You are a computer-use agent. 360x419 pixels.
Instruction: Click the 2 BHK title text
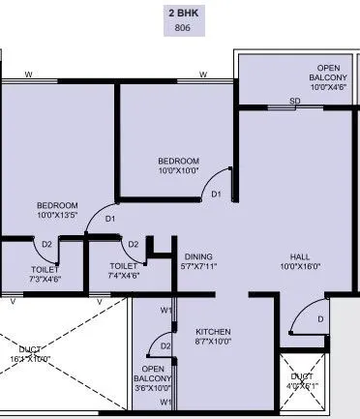[x=179, y=14]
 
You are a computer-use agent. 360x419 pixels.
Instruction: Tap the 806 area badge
[x=179, y=29]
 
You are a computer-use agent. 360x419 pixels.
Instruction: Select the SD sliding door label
[x=294, y=100]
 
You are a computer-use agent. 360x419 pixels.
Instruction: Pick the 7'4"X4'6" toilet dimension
[x=123, y=275]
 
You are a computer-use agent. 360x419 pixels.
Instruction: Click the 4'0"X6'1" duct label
[x=302, y=385]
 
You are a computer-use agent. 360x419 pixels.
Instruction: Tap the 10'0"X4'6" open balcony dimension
[x=301, y=86]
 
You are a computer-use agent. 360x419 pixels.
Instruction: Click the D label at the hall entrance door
[x=319, y=318]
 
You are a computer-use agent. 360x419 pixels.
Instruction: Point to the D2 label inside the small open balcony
[x=165, y=345]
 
